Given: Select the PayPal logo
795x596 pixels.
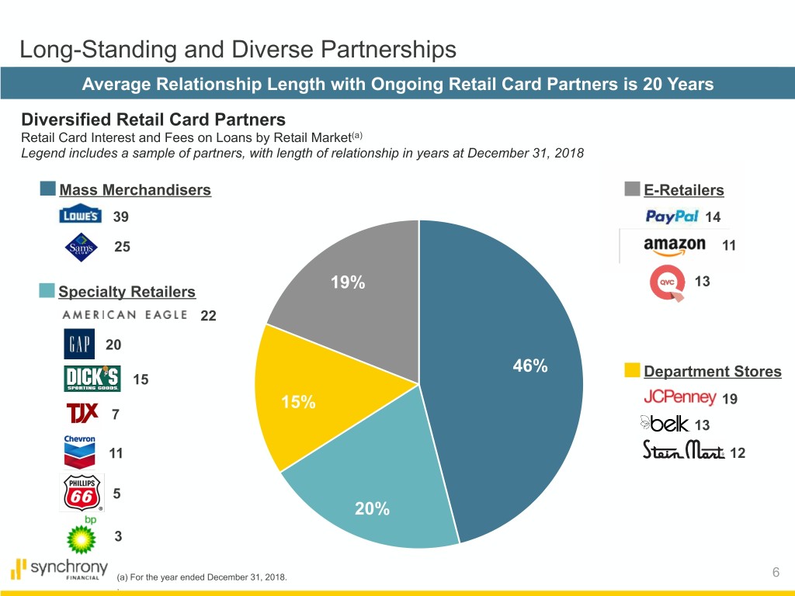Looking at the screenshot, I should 672,216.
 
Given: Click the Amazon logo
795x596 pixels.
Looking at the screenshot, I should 674,246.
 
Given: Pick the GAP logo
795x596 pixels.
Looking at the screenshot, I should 78,345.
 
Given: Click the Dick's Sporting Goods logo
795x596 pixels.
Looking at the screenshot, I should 92,379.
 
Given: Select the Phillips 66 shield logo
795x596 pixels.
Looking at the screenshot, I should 81,493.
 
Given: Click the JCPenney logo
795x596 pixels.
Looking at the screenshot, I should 679,397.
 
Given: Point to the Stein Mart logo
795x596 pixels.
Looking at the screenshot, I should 682,450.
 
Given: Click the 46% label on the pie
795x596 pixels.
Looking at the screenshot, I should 529,366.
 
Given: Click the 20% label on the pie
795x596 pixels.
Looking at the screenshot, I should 372,509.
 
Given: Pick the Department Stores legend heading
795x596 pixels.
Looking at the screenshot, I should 713,372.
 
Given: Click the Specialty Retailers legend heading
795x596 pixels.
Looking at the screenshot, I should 127,292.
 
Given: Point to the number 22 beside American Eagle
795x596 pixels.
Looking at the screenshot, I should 208,316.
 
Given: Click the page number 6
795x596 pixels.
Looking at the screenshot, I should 776,573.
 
